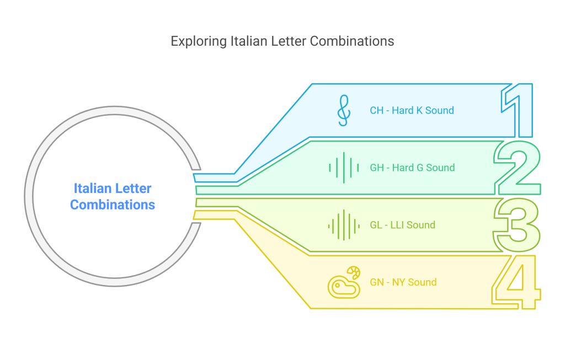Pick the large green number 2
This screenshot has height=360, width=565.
[518, 168]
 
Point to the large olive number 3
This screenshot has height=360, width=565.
[518, 225]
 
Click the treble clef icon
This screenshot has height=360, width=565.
[343, 110]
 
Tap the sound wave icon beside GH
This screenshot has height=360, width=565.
[343, 168]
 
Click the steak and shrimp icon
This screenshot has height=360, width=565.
[343, 282]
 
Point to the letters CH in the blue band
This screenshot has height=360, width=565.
[376, 110]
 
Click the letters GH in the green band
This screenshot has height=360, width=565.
[377, 168]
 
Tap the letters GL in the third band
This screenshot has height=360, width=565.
[376, 225]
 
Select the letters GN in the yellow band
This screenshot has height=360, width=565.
[377, 282]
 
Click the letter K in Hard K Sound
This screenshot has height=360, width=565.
[418, 110]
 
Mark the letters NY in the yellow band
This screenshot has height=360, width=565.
[399, 282]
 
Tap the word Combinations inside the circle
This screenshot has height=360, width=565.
[113, 205]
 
